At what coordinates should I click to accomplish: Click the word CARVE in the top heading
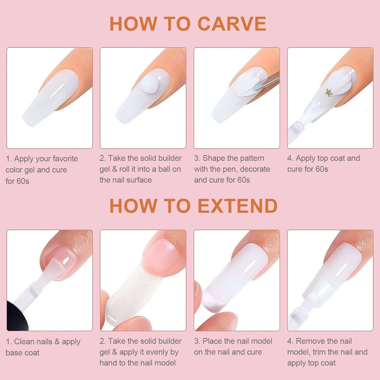(231, 24)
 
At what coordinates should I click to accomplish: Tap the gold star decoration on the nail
(328, 92)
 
